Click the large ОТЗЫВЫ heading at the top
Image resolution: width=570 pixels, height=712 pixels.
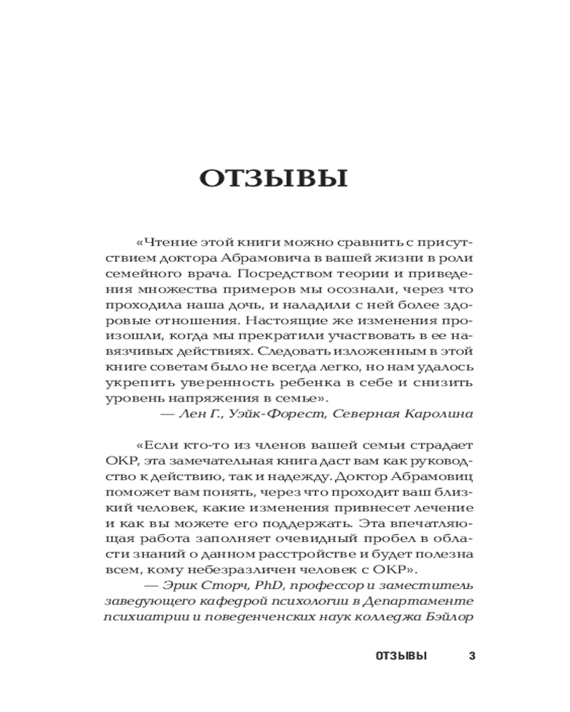[274, 178]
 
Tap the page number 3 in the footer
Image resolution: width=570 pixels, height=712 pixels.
[471, 655]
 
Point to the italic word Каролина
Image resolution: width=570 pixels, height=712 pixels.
[440, 413]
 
